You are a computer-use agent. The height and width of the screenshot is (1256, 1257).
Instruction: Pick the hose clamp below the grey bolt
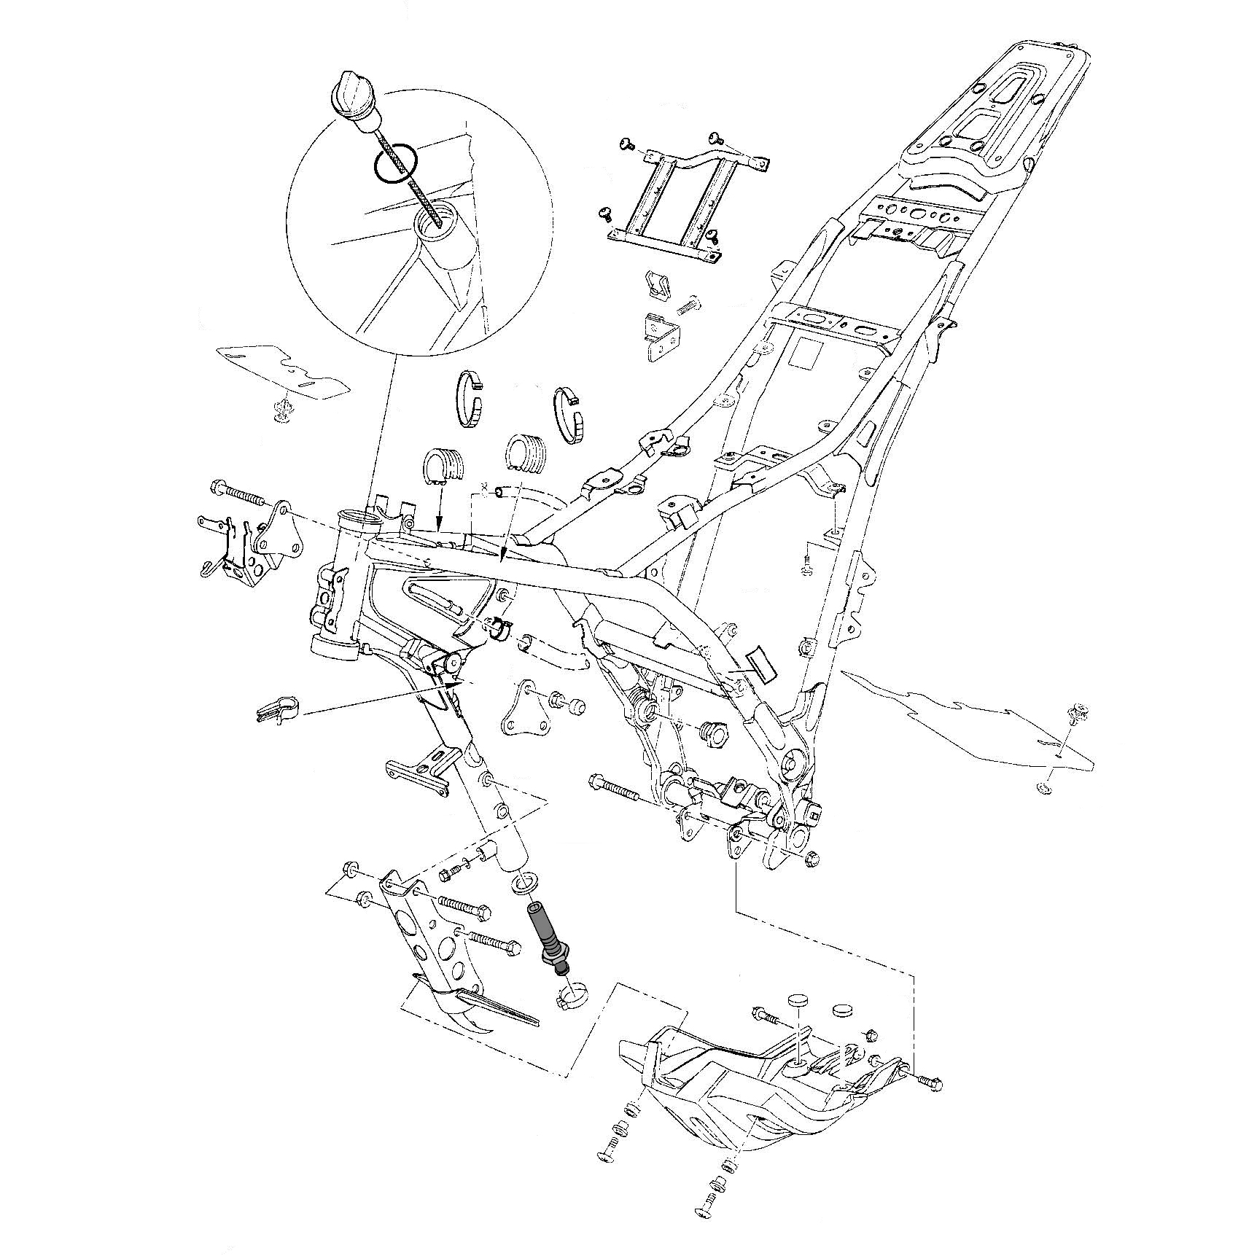pyautogui.click(x=573, y=995)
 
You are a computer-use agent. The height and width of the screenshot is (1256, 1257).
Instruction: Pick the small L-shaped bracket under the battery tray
pyautogui.click(x=662, y=335)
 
